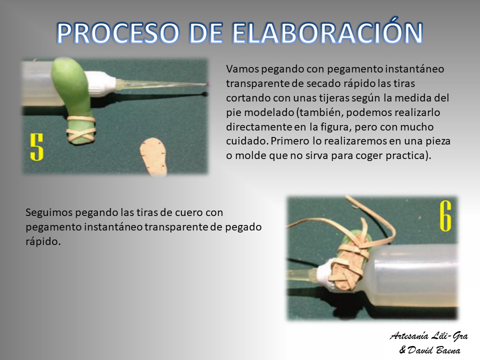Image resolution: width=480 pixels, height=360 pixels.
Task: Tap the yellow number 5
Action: click(x=36, y=147)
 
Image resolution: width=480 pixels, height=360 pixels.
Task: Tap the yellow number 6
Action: click(x=445, y=216)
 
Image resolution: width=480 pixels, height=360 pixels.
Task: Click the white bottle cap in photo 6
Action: click(x=325, y=273)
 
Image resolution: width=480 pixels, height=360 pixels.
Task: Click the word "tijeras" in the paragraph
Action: click(x=331, y=98)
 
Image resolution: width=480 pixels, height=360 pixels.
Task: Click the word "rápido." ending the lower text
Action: click(x=43, y=241)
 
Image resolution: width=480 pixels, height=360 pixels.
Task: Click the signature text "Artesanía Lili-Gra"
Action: click(x=429, y=336)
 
